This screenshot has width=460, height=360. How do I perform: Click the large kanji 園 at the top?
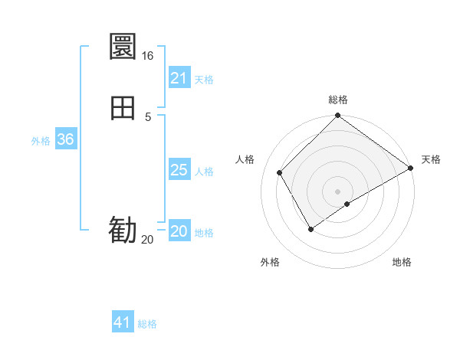point(123,47)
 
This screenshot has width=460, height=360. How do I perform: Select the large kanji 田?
point(123,108)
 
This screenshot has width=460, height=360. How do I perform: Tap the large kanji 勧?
point(123,230)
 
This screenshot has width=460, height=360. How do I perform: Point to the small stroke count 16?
point(148,56)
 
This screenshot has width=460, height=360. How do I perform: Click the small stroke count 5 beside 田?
point(148,116)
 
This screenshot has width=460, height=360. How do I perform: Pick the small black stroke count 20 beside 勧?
point(148,240)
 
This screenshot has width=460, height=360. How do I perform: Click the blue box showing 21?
point(179,78)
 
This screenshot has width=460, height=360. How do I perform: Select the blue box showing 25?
point(179,170)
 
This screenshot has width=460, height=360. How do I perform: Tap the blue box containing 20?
point(179,231)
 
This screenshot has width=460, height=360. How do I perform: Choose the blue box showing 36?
point(65,139)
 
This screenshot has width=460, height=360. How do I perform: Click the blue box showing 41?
point(123,322)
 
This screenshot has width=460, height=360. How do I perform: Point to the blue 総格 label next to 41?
point(147,324)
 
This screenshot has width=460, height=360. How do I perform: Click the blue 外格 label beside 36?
point(41,141)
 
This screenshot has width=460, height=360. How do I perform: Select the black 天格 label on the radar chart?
point(431,159)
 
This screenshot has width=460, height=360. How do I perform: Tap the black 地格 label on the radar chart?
point(402,262)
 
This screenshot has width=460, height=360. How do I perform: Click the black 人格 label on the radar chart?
point(245,159)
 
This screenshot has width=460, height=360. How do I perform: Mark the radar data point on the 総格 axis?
point(337,116)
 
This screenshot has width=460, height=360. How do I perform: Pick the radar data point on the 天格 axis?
point(410,168)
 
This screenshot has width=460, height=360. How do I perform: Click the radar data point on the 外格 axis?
point(310,228)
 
